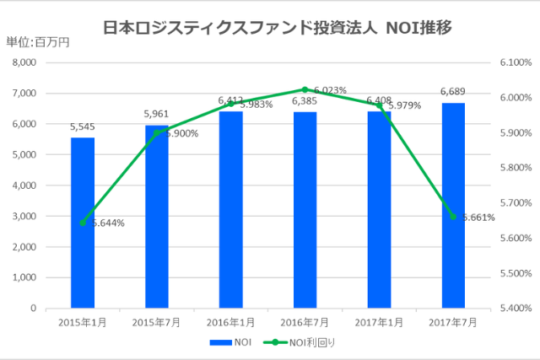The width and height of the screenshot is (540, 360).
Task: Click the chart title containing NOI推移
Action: click(278, 27)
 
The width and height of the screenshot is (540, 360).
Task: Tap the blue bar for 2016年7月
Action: click(305, 210)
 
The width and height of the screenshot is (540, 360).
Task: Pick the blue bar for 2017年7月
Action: click(453, 206)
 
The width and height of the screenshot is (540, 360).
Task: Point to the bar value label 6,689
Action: click(453, 92)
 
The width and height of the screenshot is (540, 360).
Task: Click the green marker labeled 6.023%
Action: click(305, 89)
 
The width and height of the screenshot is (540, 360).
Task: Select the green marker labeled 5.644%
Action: click(83, 223)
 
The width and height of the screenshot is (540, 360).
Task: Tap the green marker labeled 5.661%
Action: click(453, 217)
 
